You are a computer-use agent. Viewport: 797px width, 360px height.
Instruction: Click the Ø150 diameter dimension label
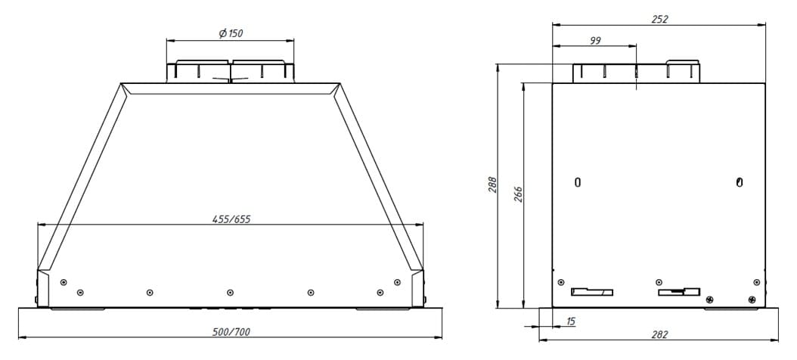point(231,33)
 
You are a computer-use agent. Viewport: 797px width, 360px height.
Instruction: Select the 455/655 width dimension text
point(231,219)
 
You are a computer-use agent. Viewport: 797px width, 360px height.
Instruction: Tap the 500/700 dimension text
point(231,332)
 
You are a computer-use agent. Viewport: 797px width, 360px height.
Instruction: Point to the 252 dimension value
point(660,20)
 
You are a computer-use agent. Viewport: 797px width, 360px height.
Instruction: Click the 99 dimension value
point(595,41)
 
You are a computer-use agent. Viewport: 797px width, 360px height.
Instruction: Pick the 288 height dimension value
point(492,185)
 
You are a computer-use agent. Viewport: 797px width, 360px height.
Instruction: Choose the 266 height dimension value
point(518,194)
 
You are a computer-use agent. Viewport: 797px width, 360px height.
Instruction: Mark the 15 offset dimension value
point(570,321)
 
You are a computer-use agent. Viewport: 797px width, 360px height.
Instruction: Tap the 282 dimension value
point(659,334)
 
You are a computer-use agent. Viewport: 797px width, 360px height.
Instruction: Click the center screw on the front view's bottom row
point(231,293)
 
